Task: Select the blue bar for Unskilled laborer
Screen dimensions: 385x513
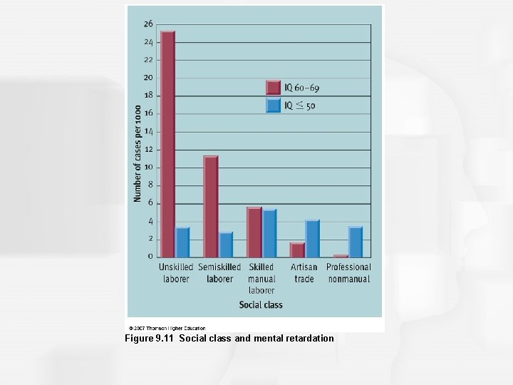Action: pyautogui.click(x=182, y=242)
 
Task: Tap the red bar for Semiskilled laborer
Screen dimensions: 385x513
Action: pyautogui.click(x=210, y=207)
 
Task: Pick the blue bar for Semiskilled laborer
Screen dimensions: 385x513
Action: pyautogui.click(x=226, y=245)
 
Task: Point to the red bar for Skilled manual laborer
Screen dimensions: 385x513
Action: pyautogui.click(x=254, y=232)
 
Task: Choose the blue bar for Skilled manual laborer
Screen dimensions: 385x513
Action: pyautogui.click(x=269, y=234)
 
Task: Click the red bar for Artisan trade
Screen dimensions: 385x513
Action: pyautogui.click(x=297, y=250)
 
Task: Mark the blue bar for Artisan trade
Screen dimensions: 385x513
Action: pyautogui.click(x=312, y=239)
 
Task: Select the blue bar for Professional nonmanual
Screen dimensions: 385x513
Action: pyautogui.click(x=356, y=242)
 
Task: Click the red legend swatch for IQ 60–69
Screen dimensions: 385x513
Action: pyautogui.click(x=274, y=87)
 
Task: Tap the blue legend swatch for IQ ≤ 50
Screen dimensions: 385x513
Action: pyautogui.click(x=274, y=106)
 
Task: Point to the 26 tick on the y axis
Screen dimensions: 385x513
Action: pyautogui.click(x=148, y=24)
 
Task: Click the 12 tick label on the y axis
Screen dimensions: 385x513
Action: pyautogui.click(x=148, y=150)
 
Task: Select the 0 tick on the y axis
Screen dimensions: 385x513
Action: pyautogui.click(x=150, y=257)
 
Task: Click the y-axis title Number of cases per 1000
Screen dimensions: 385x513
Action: pyautogui.click(x=138, y=153)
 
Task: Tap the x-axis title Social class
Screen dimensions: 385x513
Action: pyautogui.click(x=261, y=305)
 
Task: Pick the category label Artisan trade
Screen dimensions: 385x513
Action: pyautogui.click(x=304, y=273)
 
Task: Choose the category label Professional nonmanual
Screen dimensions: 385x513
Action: pyautogui.click(x=348, y=273)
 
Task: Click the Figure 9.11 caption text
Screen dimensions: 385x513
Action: pyautogui.click(x=229, y=338)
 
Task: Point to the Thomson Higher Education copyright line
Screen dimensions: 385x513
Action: pyautogui.click(x=167, y=329)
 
